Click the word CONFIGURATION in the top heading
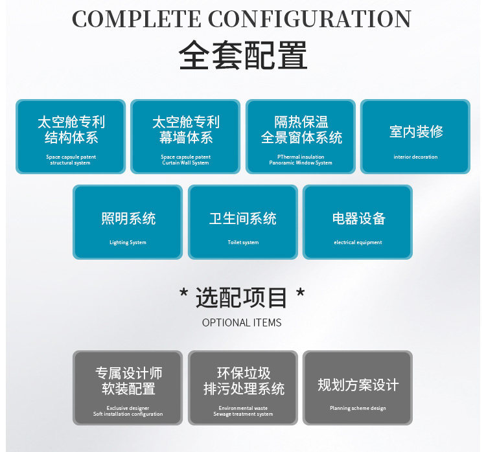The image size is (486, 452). (310, 19)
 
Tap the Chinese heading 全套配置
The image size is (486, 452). (243, 56)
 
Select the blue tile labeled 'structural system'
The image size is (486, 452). (71, 137)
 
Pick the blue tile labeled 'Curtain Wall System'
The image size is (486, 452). (185, 137)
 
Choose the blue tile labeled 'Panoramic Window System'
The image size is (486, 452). (301, 137)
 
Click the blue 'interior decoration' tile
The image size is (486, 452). (415, 137)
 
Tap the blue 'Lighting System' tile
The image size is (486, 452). (128, 222)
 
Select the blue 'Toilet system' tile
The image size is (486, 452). (243, 222)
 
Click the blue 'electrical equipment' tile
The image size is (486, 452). (358, 222)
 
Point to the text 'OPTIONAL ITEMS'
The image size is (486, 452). (242, 322)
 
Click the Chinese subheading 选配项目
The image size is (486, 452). (242, 298)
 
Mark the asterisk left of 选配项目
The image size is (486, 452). (184, 295)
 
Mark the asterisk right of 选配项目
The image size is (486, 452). (300, 295)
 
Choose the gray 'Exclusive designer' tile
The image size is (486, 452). (128, 388)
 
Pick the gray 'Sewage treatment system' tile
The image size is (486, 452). (243, 388)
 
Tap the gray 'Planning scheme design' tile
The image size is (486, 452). (358, 388)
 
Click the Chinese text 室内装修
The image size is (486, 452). (416, 131)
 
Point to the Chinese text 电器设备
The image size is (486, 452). (358, 218)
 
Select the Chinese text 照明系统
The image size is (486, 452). (128, 218)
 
